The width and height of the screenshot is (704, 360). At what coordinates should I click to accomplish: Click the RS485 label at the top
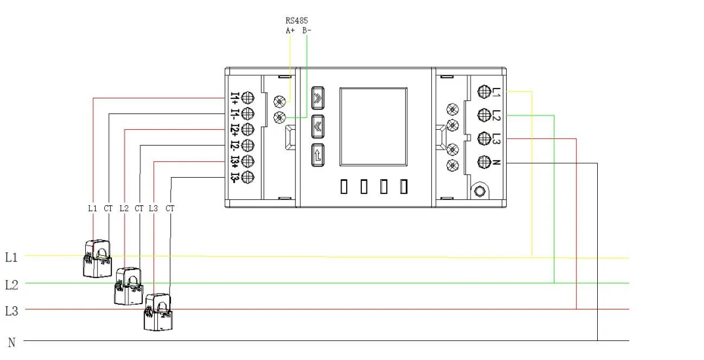(297, 20)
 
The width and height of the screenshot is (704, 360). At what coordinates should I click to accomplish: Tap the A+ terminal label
(290, 31)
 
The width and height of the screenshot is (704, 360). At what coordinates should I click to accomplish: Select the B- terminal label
(307, 31)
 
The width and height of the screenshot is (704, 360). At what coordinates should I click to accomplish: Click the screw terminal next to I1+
(248, 98)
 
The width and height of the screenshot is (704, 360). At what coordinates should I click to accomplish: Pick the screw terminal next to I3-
(248, 177)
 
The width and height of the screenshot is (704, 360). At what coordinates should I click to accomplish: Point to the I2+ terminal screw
(248, 129)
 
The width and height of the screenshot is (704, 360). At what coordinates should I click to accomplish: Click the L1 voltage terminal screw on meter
(484, 92)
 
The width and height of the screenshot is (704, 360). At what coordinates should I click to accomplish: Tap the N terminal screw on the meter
(484, 161)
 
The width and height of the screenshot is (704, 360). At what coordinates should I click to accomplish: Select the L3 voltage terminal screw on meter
(484, 138)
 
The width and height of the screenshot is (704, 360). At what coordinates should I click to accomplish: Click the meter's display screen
(374, 127)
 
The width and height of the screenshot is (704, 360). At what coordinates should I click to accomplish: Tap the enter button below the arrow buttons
(318, 156)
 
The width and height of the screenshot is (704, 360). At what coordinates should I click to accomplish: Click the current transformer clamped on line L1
(97, 258)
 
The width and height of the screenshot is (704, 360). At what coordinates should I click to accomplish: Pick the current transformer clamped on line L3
(157, 312)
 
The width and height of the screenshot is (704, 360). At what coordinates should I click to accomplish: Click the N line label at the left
(12, 342)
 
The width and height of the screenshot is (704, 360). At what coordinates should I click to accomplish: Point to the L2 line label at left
(12, 285)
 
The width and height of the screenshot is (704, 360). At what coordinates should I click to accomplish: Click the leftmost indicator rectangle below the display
(344, 186)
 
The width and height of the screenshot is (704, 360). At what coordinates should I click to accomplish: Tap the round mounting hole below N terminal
(480, 191)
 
